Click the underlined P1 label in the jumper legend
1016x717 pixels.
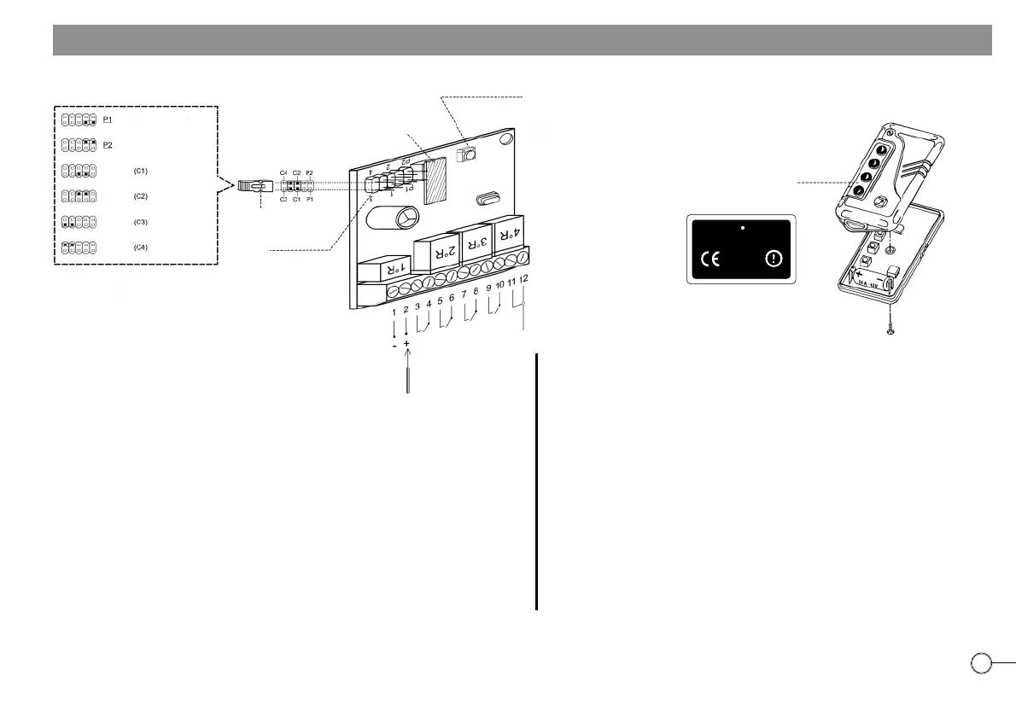[108, 119]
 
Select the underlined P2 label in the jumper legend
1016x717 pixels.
[108, 145]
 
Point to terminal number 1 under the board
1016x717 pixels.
[394, 312]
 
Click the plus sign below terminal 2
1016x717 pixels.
[406, 344]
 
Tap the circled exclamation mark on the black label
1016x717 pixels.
[773, 259]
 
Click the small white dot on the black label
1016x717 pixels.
[743, 229]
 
